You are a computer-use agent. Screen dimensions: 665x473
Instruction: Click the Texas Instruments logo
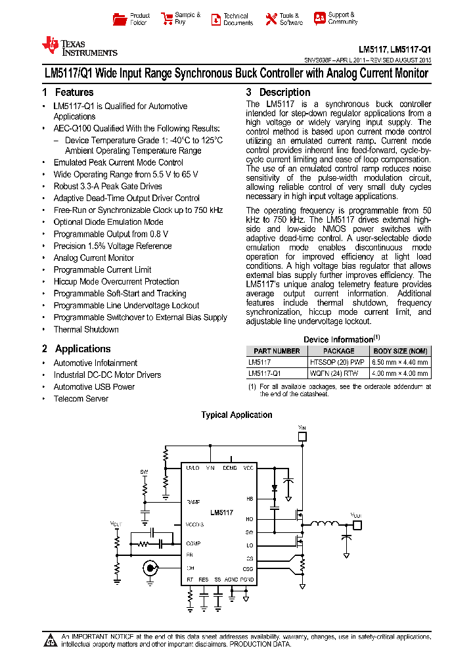(79, 45)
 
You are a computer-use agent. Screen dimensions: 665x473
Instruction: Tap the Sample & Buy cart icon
(166, 19)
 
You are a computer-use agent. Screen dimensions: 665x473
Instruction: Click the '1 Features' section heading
(68, 93)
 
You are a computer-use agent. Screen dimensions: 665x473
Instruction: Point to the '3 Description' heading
(278, 93)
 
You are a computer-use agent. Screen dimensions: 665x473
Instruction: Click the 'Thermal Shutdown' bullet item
(86, 329)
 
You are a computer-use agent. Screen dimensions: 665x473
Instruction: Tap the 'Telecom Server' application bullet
(81, 399)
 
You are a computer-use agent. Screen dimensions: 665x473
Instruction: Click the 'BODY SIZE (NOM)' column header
(400, 352)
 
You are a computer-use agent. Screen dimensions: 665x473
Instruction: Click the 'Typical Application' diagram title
(236, 415)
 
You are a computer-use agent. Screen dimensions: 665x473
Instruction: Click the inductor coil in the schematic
(323, 524)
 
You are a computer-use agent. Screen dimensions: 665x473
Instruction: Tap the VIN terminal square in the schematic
(302, 435)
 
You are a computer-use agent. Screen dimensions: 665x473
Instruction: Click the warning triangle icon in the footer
(51, 640)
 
